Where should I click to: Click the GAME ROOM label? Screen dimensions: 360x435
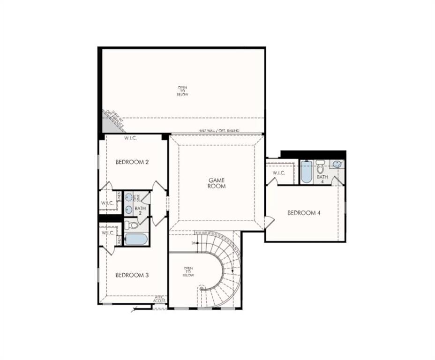pyautogui.click(x=217, y=183)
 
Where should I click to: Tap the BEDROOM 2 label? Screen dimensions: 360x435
pyautogui.click(x=132, y=162)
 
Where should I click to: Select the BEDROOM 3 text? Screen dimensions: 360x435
pyautogui.click(x=132, y=275)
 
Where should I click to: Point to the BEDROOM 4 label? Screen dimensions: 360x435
pyautogui.click(x=304, y=213)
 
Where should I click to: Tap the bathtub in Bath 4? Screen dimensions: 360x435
pyautogui.click(x=306, y=172)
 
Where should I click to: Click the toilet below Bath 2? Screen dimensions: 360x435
pyautogui.click(x=132, y=225)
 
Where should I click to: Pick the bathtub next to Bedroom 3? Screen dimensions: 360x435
pyautogui.click(x=136, y=240)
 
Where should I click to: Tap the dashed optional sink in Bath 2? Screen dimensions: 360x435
pyautogui.click(x=128, y=198)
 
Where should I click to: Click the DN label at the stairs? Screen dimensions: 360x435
pyautogui.click(x=193, y=243)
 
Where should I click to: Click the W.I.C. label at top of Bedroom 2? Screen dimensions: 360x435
pyautogui.click(x=130, y=138)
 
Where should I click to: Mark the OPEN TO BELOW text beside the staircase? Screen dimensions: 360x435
pyautogui.click(x=188, y=271)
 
